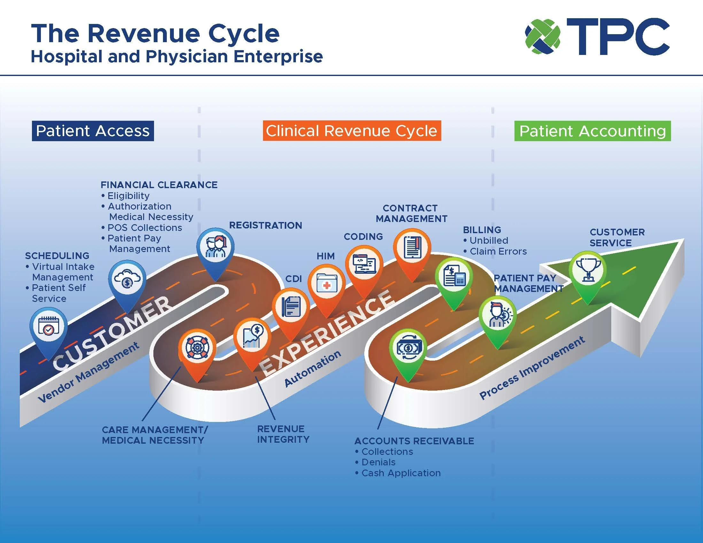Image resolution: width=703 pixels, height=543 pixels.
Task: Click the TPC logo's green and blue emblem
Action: (x=542, y=36)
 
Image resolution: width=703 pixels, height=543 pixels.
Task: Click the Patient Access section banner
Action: (x=93, y=131)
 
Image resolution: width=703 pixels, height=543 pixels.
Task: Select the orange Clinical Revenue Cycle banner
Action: (x=351, y=131)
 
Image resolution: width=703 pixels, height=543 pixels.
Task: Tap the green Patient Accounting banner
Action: (x=592, y=131)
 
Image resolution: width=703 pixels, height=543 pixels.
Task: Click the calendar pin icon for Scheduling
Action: (x=49, y=326)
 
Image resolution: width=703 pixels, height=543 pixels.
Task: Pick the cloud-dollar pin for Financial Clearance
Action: (x=127, y=279)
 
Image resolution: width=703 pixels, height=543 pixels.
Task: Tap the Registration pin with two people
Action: (x=215, y=247)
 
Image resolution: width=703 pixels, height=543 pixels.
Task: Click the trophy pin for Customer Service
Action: (x=588, y=271)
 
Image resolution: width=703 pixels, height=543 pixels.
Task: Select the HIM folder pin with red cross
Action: (x=326, y=283)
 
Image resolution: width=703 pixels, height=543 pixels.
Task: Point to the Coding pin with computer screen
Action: (x=364, y=264)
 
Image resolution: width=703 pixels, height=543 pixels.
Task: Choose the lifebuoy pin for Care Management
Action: (x=197, y=348)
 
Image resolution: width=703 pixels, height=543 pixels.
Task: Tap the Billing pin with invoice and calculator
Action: (x=453, y=277)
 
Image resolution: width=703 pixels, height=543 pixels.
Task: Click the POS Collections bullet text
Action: (x=144, y=227)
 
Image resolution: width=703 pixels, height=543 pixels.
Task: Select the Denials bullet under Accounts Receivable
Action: (x=378, y=462)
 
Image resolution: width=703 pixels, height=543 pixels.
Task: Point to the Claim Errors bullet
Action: (x=498, y=251)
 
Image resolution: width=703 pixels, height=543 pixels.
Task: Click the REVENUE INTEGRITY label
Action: (x=282, y=434)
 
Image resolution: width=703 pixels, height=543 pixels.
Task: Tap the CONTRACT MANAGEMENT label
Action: (x=411, y=213)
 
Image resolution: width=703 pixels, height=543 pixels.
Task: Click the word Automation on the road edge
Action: (x=313, y=368)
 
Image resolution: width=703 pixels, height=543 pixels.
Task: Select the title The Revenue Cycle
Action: (x=155, y=34)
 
